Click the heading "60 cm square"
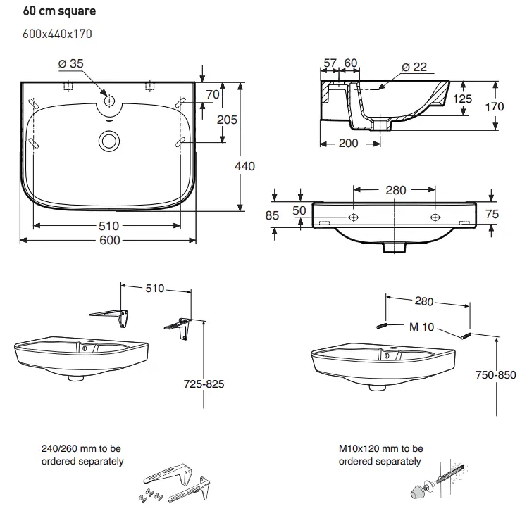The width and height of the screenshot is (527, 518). pyautogui.click(x=60, y=12)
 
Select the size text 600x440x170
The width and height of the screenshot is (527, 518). pyautogui.click(x=58, y=33)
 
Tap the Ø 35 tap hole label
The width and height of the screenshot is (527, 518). pyautogui.click(x=70, y=64)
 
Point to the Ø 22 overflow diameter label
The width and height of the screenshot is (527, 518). pyautogui.click(x=415, y=67)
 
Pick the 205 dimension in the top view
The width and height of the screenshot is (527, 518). pyautogui.click(x=226, y=120)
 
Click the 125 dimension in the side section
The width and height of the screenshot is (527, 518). pyautogui.click(x=461, y=99)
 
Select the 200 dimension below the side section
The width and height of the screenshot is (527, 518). pyautogui.click(x=348, y=144)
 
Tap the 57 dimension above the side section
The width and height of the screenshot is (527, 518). pyautogui.click(x=330, y=63)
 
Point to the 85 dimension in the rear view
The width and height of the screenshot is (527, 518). pyautogui.click(x=273, y=215)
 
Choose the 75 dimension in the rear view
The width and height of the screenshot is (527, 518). pyautogui.click(x=492, y=215)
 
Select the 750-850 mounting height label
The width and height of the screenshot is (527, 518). pyautogui.click(x=495, y=376)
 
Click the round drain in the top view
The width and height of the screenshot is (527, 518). pyautogui.click(x=108, y=141)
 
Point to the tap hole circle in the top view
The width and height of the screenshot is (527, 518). pyautogui.click(x=108, y=101)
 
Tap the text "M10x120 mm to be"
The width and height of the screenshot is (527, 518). pyautogui.click(x=380, y=448)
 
